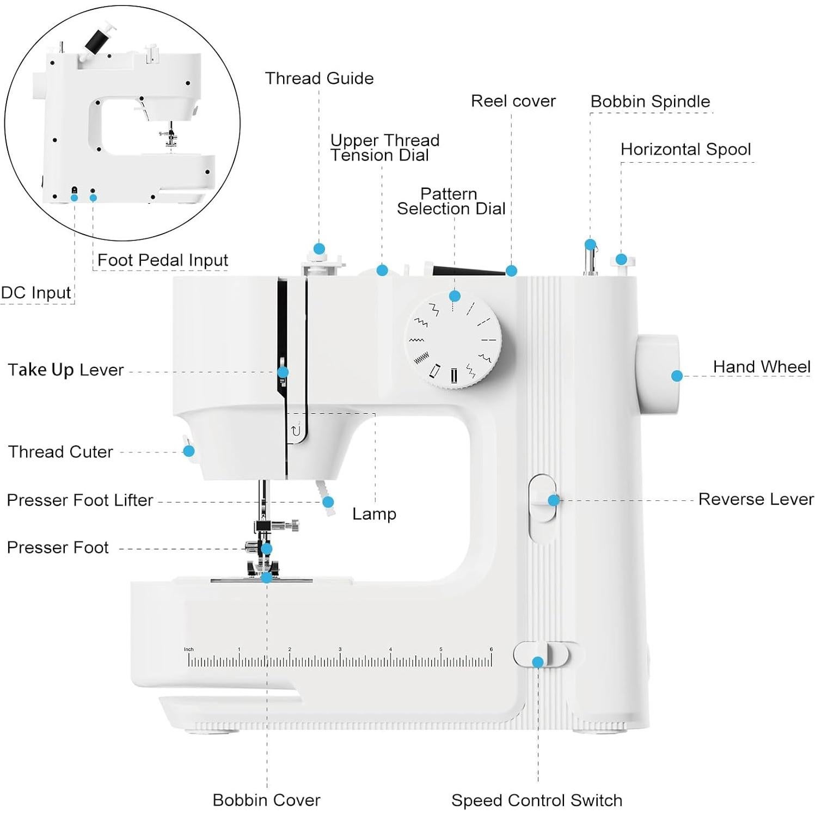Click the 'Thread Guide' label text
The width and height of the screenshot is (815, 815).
319,78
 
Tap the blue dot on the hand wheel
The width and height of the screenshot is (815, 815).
677,376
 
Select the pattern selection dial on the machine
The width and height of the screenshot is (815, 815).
453,341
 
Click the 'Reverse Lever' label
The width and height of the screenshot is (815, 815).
756,499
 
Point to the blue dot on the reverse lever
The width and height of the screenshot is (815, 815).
554,500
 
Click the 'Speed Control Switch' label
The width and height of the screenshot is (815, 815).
536,800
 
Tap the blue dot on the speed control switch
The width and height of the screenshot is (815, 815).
538,662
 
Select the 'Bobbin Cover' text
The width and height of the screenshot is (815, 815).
266,800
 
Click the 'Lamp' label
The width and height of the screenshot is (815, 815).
374,514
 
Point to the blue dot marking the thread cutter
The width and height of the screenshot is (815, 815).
189,451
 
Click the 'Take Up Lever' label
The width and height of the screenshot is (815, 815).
66,370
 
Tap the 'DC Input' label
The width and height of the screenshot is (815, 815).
36,293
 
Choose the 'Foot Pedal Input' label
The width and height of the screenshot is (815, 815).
162,260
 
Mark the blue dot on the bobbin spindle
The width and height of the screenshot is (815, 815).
590,244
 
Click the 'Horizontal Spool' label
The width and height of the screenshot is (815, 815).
685,149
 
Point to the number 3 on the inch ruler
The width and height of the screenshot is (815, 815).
340,649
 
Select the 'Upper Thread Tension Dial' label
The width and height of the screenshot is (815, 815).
384,148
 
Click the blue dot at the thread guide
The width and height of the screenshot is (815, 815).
319,249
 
